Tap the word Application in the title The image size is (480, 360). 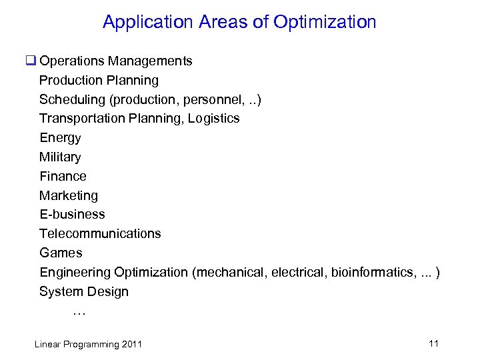[x=147, y=22]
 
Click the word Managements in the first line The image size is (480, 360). [x=151, y=61]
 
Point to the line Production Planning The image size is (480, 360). [x=99, y=81]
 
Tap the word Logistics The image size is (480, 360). [x=213, y=119]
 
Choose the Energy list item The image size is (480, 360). [x=60, y=138]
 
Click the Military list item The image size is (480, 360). [x=60, y=157]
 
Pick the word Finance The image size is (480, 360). [x=63, y=177]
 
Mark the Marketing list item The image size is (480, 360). [x=68, y=196]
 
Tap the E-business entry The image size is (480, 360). [x=72, y=215]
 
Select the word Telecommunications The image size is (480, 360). [x=100, y=234]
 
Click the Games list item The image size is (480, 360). [x=61, y=253]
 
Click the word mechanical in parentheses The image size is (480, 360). [x=229, y=273]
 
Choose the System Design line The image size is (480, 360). [x=84, y=292]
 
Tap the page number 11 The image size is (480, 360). [x=433, y=343]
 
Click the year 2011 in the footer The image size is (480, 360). [x=132, y=345]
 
